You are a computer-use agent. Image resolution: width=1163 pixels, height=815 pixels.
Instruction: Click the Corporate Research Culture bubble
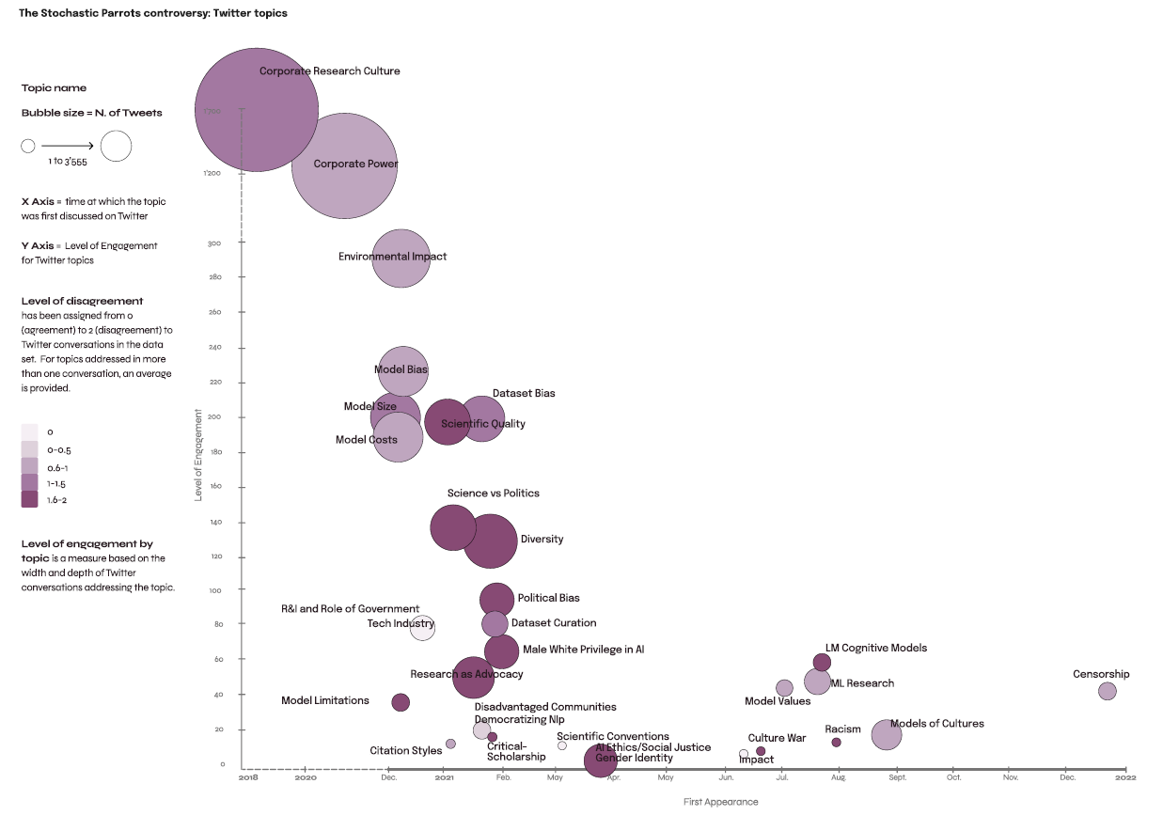(256, 110)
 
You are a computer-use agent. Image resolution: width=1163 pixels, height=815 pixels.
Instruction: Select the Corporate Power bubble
(344, 167)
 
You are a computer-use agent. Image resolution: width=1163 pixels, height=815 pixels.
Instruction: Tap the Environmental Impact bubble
(401, 259)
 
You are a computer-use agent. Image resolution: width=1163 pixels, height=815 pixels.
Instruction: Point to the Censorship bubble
(1107, 691)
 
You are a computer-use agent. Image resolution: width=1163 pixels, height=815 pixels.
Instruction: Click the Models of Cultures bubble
(886, 734)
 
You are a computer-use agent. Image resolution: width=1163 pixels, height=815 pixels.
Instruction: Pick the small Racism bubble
(836, 743)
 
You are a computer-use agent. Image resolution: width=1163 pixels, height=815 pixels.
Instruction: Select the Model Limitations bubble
(401, 702)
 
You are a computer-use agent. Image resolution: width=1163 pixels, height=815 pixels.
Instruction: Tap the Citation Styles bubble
(450, 744)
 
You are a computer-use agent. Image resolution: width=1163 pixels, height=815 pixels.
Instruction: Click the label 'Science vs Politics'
(493, 494)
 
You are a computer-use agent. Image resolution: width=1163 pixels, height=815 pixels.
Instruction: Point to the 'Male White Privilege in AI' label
(583, 650)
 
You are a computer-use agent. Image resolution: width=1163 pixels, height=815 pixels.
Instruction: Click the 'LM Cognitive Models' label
(875, 648)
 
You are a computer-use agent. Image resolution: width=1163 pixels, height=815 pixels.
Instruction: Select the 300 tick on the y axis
(214, 243)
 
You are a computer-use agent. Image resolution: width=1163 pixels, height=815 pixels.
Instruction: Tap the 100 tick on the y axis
(215, 590)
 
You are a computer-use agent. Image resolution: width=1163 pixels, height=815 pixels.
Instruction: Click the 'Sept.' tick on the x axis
(897, 777)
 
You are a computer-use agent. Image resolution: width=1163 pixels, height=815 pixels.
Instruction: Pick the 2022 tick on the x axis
(1125, 777)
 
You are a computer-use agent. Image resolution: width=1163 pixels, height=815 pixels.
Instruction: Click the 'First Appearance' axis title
(720, 802)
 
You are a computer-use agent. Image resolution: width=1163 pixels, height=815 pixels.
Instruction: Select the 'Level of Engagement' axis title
(198, 454)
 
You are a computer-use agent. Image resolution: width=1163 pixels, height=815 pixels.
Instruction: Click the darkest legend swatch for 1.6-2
(30, 500)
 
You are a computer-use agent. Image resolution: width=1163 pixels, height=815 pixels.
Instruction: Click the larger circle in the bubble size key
(116, 146)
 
